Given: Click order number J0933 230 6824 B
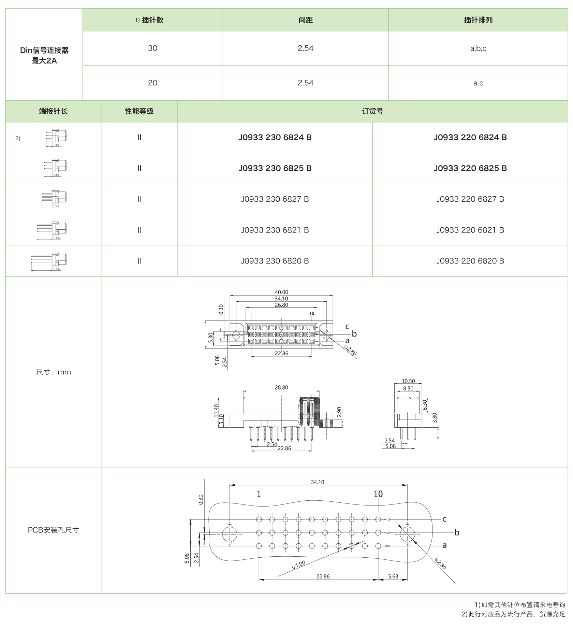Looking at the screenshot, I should pos(275,138).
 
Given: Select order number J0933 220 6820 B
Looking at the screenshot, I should pos(470,261).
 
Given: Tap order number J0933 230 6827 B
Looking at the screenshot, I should pos(275,199).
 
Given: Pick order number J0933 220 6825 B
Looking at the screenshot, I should pos(470,168).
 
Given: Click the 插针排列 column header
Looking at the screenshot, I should pos(478,20).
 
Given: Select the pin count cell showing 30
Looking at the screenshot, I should pos(152,48).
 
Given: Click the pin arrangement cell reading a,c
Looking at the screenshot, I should pos(478,83).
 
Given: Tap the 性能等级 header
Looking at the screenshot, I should pos(139,111).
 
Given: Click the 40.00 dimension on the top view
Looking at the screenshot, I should pos(281,292).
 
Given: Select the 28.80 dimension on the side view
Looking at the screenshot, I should pos(281,387).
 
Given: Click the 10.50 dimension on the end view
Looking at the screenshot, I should pos(408,381).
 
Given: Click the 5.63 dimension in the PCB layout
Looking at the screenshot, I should pos(393,576).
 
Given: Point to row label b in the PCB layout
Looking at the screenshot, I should pos(457,532).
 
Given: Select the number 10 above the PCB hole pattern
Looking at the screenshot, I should pos(378,494).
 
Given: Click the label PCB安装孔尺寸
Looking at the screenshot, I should pos(53,530).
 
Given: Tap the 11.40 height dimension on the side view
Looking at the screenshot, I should pos(216,411).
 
